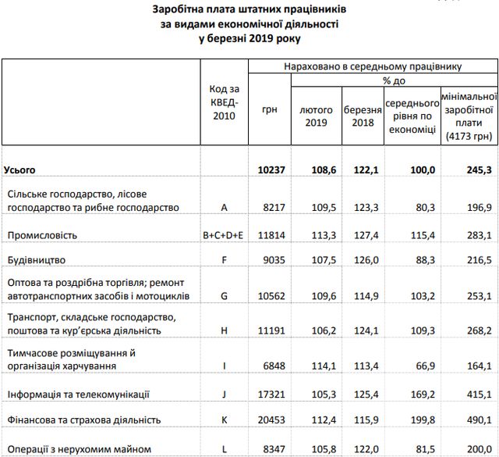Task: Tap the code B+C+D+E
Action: (x=224, y=234)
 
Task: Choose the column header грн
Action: (x=271, y=110)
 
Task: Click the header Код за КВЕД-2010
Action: (x=224, y=103)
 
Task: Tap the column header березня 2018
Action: (x=363, y=116)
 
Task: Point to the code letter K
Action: (x=224, y=420)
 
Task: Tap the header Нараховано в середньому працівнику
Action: (x=372, y=66)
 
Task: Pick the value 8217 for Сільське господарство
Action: (x=273, y=208)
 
